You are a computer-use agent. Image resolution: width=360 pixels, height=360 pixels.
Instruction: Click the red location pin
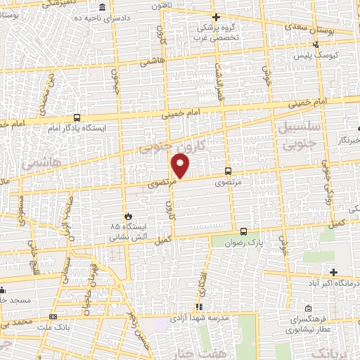pyautogui.click(x=181, y=166)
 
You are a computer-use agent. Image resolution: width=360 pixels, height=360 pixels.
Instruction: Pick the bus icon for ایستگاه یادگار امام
pyautogui.click(x=77, y=118)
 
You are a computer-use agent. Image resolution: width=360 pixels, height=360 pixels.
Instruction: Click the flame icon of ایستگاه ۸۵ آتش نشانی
pyautogui.click(x=128, y=216)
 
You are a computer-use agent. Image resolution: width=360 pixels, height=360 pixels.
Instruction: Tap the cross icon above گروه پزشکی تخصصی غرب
pyautogui.click(x=216, y=17)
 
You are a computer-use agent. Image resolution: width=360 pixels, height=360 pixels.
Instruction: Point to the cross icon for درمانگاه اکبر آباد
pyautogui.click(x=333, y=272)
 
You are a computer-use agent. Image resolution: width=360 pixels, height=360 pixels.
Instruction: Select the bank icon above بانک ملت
pyautogui.click(x=53, y=318)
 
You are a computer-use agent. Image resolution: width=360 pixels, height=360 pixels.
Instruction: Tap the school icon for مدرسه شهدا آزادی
pyautogui.click(x=200, y=307)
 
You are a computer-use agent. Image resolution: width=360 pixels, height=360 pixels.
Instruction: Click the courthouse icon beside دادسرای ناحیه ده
pyautogui.click(x=103, y=8)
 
